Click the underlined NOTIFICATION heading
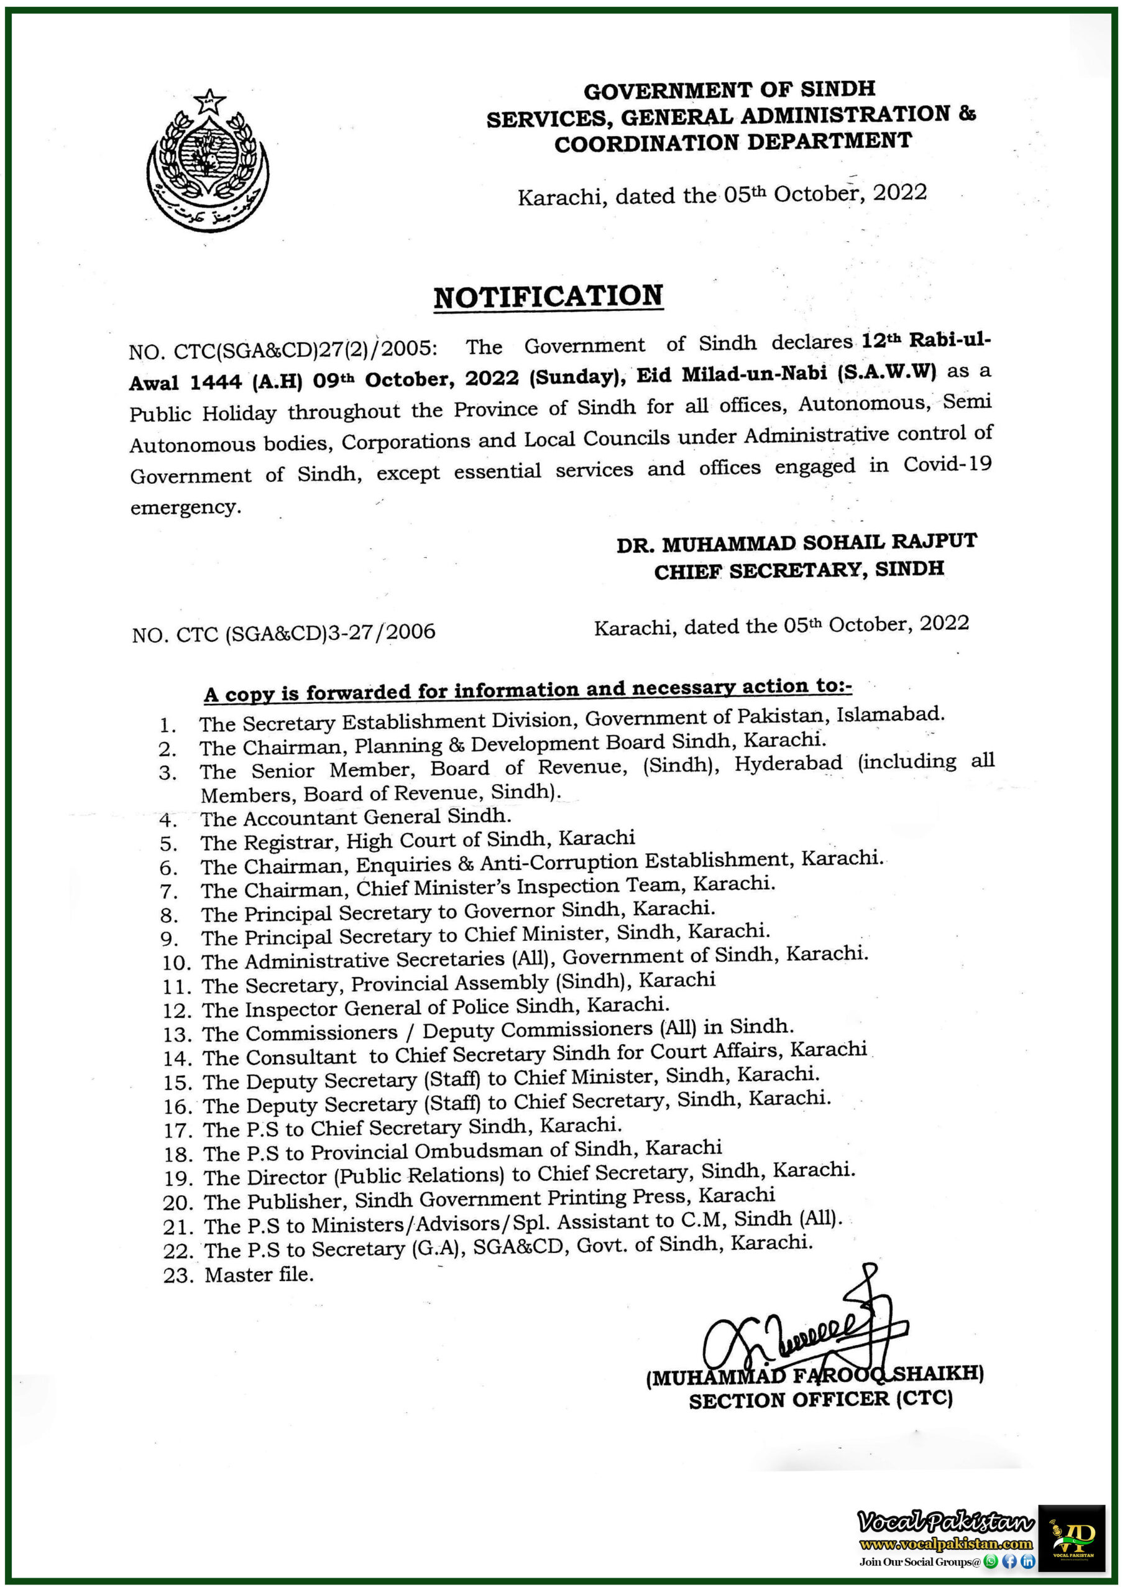pyautogui.click(x=548, y=297)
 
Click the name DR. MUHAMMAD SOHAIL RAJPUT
pyautogui.click(x=796, y=543)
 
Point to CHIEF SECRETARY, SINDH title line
pyautogui.click(x=799, y=571)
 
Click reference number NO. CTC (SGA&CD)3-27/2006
pyautogui.click(x=283, y=633)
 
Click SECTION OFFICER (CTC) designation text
pyautogui.click(x=820, y=1399)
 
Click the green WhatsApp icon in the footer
pyautogui.click(x=991, y=1562)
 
